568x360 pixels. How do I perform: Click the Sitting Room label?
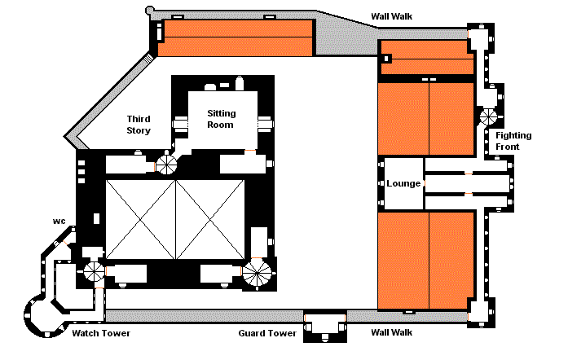(221, 119)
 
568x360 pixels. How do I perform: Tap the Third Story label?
(139, 125)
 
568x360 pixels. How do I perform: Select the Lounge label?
(403, 183)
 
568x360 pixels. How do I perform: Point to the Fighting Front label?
(513, 141)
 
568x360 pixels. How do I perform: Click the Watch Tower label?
(101, 333)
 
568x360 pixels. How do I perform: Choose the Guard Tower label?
(267, 333)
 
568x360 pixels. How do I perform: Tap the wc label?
(59, 221)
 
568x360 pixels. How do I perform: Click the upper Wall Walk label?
(392, 16)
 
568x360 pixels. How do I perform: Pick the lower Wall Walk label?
(392, 332)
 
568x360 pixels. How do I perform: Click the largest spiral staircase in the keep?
(257, 274)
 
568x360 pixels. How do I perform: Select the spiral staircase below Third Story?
(166, 164)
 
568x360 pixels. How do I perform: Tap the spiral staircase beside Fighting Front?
(488, 117)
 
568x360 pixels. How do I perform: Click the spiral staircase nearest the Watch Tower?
(95, 272)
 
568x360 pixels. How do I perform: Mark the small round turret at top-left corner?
(149, 11)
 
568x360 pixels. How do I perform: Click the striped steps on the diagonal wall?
(148, 58)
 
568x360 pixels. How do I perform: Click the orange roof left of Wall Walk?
(235, 38)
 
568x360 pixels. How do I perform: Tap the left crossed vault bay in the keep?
(140, 219)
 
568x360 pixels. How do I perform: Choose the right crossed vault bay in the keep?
(210, 219)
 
